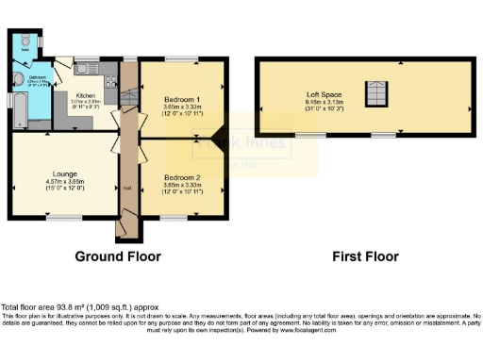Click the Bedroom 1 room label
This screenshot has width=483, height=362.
[182, 99]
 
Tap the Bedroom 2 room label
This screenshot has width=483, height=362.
[182, 177]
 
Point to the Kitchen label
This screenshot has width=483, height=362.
[85, 95]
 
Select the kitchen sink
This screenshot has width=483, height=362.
[85, 67]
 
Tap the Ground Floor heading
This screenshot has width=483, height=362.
[118, 256]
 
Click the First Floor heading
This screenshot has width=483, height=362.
[365, 256]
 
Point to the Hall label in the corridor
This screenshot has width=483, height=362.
[126, 188]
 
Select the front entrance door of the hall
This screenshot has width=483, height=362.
[121, 229]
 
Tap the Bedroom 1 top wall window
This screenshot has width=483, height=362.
[182, 59]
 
